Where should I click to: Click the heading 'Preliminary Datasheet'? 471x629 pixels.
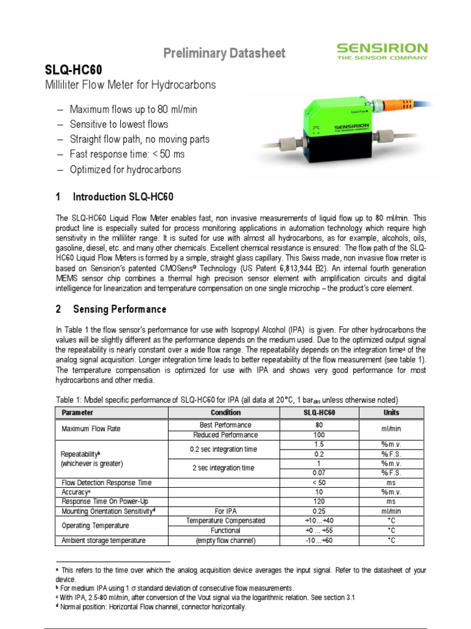(x=224, y=53)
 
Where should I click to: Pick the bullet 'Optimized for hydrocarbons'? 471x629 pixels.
(x=126, y=169)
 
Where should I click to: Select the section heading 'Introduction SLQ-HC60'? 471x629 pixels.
(x=123, y=197)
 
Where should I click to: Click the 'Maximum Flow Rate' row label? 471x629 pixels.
(x=89, y=429)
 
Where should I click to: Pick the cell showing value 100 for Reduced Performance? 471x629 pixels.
(x=318, y=435)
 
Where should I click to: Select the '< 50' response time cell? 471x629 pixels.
(x=318, y=483)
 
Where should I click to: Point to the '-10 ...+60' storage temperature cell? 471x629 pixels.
(x=318, y=541)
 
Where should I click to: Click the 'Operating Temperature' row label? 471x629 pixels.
(x=95, y=526)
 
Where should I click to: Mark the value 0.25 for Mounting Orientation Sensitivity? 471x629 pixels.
(x=318, y=511)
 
